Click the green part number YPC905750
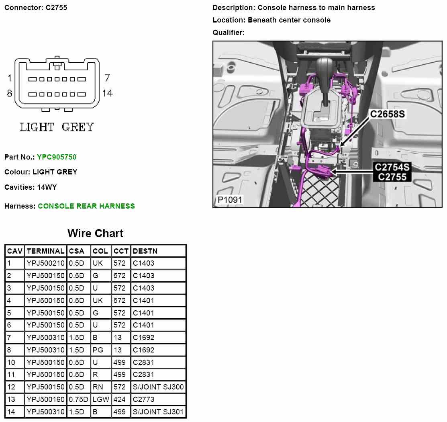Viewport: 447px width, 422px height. (57, 157)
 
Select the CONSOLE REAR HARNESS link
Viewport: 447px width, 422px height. (86, 206)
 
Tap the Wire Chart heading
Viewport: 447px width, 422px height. (95, 234)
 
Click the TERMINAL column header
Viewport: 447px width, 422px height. (45, 251)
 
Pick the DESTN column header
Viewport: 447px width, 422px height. (145, 251)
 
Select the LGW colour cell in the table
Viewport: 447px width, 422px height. (100, 399)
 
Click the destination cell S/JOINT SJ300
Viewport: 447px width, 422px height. (158, 387)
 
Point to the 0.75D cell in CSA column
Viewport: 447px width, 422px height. (78, 399)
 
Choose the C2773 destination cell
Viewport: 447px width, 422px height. (143, 399)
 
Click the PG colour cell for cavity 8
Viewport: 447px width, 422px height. (98, 350)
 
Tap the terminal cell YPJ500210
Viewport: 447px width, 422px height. (45, 264)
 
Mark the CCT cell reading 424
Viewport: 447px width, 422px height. (120, 399)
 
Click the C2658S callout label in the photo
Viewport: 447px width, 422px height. (387, 114)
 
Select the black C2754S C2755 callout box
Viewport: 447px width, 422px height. (392, 172)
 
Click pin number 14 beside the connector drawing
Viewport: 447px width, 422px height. (107, 93)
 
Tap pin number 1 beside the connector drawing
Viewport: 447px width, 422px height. (10, 78)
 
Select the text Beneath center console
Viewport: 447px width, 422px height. (289, 20)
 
